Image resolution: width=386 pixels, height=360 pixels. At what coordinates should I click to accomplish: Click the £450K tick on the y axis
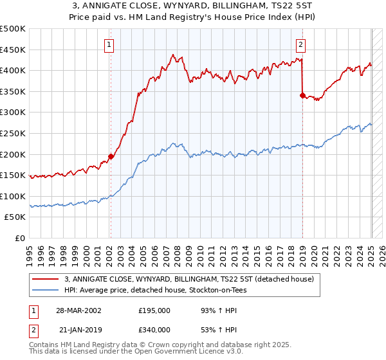tap(13, 50)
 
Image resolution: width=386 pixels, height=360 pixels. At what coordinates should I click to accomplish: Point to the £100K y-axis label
tap(13, 196)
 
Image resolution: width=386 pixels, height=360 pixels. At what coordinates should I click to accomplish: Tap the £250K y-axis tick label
tap(13, 133)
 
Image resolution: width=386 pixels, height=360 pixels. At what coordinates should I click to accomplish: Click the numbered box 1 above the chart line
tap(109, 45)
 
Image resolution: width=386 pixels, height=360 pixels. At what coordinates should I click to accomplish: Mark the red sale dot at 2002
tap(111, 156)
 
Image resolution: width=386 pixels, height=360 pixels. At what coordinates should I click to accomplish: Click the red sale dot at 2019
tap(302, 95)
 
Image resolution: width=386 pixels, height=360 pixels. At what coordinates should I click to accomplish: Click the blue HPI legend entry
tap(155, 291)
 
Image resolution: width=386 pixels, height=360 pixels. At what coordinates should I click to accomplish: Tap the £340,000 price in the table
tap(154, 329)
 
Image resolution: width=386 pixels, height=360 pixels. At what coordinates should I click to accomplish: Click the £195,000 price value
tap(154, 310)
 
